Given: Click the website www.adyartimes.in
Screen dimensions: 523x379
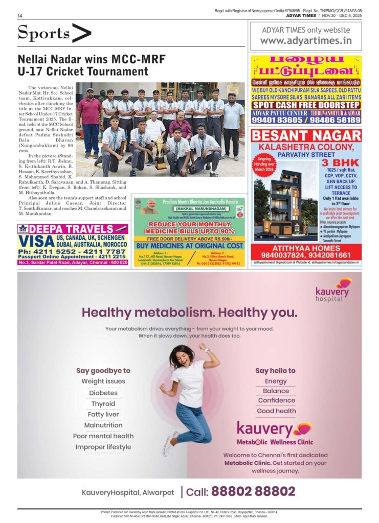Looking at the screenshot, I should tap(306, 41).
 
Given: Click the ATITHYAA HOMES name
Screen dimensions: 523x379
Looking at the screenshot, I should tap(306, 248).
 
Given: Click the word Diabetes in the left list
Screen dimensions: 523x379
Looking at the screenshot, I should tap(103, 393).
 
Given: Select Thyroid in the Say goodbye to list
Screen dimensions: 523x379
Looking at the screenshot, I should tap(103, 403).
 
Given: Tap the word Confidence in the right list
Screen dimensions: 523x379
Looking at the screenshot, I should tap(276, 400).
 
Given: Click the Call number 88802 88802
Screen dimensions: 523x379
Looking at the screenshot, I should tap(253, 491).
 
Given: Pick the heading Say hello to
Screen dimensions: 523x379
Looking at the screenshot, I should tap(275, 370).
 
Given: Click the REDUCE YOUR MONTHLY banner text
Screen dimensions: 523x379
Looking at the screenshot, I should tap(188, 224).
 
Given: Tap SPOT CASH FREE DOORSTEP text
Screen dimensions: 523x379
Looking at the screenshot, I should tap(306, 105).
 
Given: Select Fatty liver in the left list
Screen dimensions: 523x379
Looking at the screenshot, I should tap(103, 414).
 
